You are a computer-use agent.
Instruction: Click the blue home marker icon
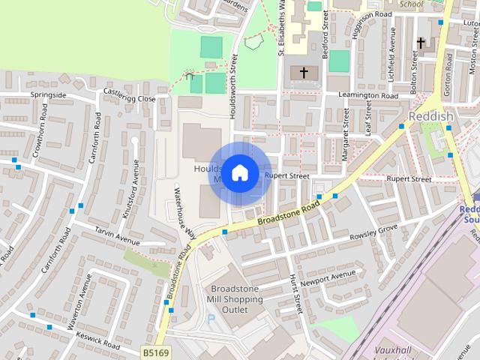tap(239, 173)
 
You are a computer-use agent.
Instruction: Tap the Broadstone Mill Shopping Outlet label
tap(237, 299)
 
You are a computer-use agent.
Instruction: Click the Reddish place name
tap(431, 117)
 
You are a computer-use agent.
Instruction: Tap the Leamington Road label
tap(367, 96)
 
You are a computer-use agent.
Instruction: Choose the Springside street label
tap(48, 95)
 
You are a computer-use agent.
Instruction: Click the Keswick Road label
tap(97, 342)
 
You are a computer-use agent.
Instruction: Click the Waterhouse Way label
tap(185, 212)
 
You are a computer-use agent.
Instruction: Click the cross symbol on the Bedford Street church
tap(304, 73)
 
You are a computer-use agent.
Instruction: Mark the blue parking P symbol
tap(211, 318)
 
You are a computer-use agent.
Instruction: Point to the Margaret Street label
tap(346, 134)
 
